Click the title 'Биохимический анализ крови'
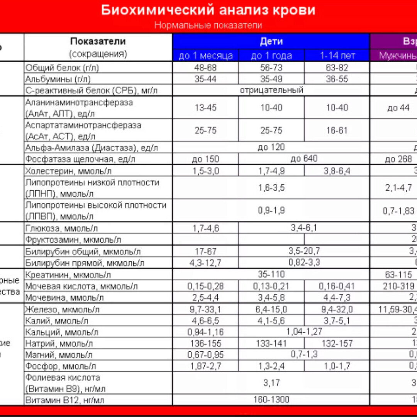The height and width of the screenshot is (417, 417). point(208,10)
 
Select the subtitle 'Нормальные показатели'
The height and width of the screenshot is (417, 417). point(208,25)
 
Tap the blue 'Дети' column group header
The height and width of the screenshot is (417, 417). point(271,41)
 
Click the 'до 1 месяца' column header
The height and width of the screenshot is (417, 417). point(206,56)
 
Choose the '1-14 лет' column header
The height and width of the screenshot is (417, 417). point(337,56)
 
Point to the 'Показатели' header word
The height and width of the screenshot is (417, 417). point(98,41)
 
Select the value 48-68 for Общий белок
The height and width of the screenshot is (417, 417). point(206,68)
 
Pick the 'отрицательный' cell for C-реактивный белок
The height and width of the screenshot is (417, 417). point(271,90)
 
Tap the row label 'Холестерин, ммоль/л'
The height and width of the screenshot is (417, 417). point(68,171)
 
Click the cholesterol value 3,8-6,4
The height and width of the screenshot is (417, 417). point(337,171)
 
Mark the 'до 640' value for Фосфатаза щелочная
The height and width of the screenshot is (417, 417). point(304,159)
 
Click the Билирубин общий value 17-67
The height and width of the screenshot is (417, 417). point(206,252)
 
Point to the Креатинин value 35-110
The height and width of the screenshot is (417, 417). point(271,275)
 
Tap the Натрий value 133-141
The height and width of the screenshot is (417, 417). point(271,344)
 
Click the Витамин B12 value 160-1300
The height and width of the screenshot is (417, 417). point(271,400)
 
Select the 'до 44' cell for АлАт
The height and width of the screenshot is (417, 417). point(398,108)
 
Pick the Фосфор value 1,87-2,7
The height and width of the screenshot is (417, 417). point(206,366)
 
